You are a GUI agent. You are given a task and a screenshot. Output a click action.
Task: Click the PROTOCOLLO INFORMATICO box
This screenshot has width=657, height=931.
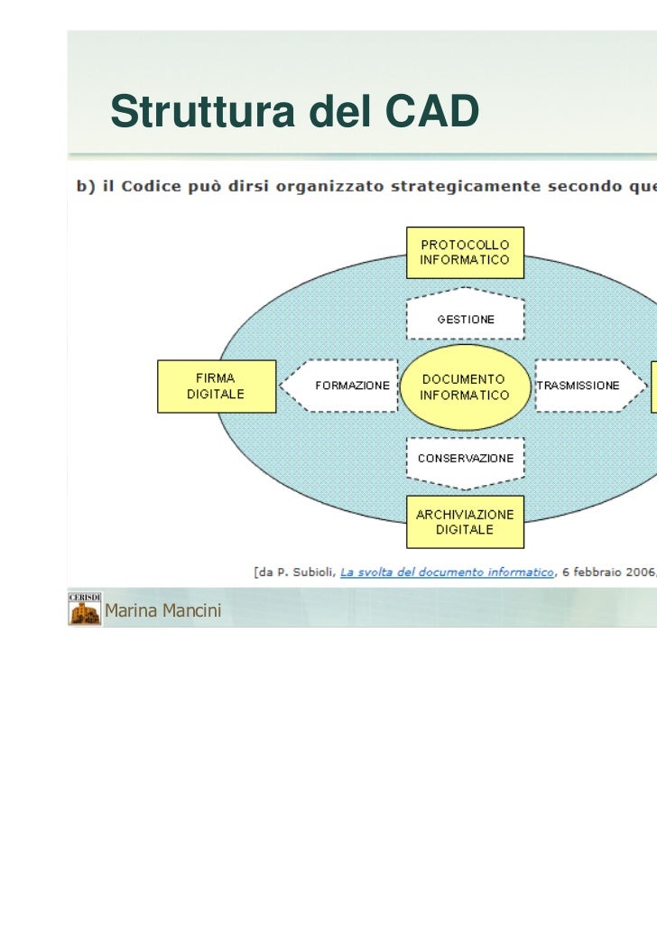click(465, 252)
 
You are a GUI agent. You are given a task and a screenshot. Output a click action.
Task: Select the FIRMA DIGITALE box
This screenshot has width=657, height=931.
click(216, 386)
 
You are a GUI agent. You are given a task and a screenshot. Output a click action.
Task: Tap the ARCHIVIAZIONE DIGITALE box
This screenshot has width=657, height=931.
click(465, 522)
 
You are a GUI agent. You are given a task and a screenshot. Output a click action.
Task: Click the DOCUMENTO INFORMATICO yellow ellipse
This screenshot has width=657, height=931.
click(465, 386)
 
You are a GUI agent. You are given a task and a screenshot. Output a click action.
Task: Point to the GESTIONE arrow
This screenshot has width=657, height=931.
click(465, 319)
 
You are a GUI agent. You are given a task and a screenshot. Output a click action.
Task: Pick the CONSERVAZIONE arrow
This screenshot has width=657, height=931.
click(465, 458)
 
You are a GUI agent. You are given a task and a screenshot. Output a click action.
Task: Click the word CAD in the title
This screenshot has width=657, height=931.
click(432, 112)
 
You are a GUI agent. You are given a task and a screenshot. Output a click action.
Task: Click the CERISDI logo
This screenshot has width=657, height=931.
click(85, 610)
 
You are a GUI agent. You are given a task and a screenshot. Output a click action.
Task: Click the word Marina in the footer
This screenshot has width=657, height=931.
click(129, 611)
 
